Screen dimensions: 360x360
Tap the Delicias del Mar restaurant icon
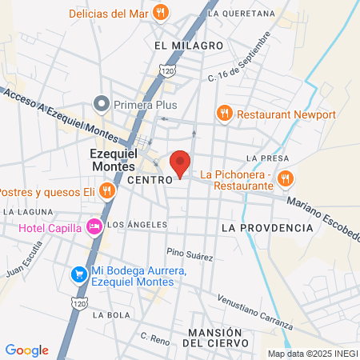(x=162, y=12)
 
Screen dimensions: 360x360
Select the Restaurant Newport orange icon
(x=225, y=114)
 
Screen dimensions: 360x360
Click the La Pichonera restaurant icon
(x=287, y=178)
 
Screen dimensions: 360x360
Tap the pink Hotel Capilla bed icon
(x=94, y=226)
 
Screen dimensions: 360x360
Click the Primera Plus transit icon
(x=101, y=103)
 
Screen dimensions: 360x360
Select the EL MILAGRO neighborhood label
(x=189, y=46)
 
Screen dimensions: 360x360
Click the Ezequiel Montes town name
(x=114, y=159)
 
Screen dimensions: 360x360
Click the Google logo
(x=26, y=350)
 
